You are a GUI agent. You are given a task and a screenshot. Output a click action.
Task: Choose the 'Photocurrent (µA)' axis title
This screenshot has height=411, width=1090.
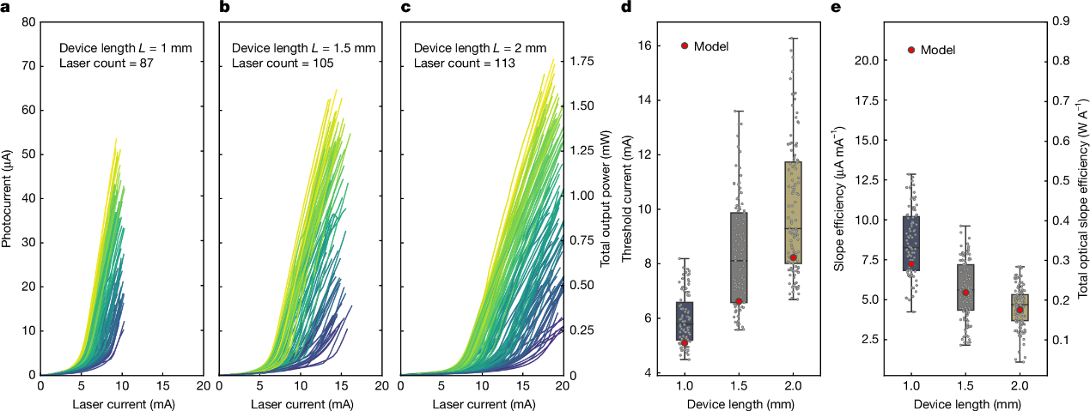click(x=8, y=197)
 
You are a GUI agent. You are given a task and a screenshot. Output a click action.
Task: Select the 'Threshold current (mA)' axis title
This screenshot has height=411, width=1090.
click(x=627, y=197)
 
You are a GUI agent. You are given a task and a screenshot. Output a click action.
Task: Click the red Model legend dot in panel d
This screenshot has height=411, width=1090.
click(x=685, y=46)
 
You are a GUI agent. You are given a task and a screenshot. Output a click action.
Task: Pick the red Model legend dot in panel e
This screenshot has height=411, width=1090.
click(x=910, y=50)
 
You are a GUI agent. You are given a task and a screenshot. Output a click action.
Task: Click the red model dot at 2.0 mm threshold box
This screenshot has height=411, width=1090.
click(x=793, y=257)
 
